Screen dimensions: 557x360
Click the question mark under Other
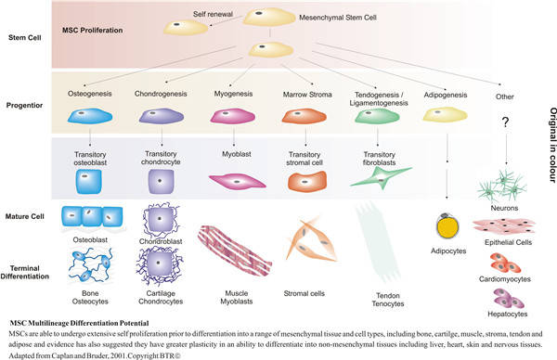(x=505, y=122)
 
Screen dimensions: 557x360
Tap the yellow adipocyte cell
(x=447, y=226)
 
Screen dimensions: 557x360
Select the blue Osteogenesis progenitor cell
(x=90, y=116)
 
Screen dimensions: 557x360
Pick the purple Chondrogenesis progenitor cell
(x=162, y=116)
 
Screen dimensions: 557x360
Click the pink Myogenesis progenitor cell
(x=233, y=116)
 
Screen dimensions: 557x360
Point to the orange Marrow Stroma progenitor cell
(x=304, y=116)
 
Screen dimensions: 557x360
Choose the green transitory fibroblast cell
(x=382, y=177)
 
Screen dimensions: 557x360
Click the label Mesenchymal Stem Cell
(x=338, y=18)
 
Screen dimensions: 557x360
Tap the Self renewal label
(x=213, y=14)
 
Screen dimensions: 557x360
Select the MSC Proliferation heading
(x=92, y=31)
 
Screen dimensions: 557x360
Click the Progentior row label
(x=24, y=106)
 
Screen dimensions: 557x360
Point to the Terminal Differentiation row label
(x=24, y=272)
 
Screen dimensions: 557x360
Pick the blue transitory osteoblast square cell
(x=89, y=182)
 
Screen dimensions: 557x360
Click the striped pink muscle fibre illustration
(x=235, y=251)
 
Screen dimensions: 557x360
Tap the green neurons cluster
(x=502, y=186)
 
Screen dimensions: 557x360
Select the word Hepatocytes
(x=507, y=315)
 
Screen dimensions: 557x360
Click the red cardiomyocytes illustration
(x=504, y=263)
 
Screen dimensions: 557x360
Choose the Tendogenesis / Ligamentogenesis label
(x=379, y=99)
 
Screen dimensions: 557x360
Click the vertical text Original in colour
(x=552, y=146)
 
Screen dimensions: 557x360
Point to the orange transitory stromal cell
(x=307, y=182)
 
